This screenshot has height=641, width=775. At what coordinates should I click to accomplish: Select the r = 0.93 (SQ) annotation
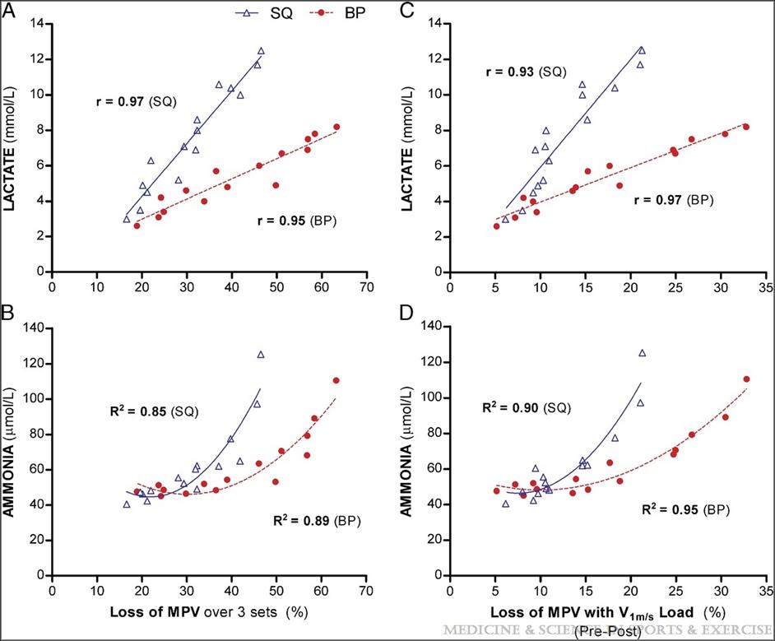[525, 72]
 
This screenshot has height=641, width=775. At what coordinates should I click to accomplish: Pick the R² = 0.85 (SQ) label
[151, 411]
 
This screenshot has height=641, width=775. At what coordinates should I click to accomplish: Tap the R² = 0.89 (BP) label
[315, 520]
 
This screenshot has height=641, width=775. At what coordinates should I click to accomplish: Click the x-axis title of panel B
[210, 612]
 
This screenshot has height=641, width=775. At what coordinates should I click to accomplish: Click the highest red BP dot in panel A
[336, 127]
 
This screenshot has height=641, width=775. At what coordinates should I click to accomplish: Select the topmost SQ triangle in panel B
[261, 355]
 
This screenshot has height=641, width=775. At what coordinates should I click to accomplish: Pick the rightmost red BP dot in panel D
[746, 379]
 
